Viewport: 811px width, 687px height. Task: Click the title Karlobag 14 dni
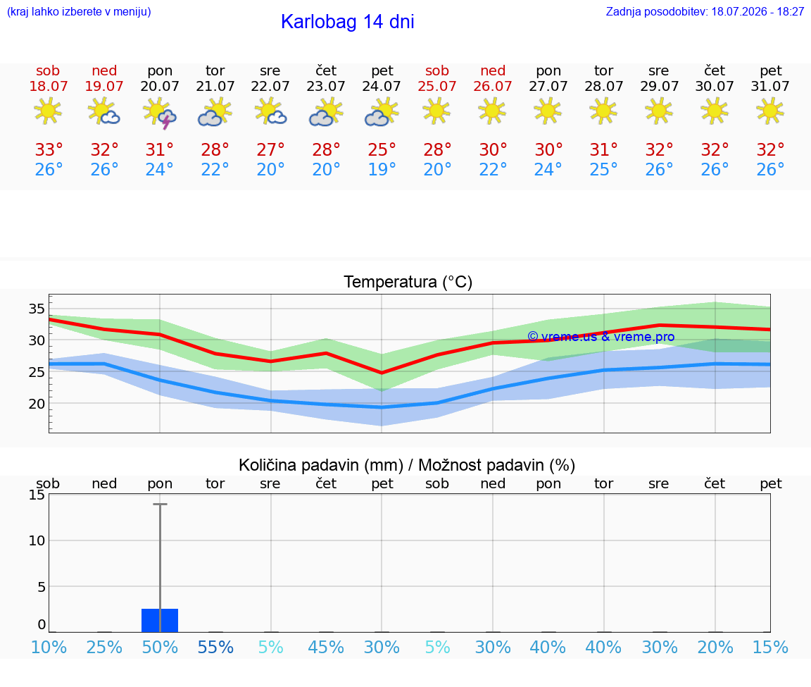click(348, 22)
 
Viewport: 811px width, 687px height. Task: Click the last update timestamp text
click(705, 11)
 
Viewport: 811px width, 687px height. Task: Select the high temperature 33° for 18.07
click(49, 149)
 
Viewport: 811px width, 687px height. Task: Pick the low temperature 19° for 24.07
click(382, 169)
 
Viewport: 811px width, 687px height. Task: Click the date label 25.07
click(437, 86)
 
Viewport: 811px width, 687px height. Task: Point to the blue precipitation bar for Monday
click(160, 620)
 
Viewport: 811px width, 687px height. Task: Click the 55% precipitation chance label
click(215, 647)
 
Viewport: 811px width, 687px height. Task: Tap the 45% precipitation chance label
click(326, 647)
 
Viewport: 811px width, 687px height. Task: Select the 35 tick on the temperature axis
click(37, 309)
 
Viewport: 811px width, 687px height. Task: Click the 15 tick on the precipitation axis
click(37, 495)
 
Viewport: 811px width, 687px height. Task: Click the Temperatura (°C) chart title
click(408, 282)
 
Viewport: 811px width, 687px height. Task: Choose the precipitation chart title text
click(406, 465)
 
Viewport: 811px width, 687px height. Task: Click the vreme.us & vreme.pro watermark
click(601, 337)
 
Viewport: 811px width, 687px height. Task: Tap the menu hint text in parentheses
click(79, 11)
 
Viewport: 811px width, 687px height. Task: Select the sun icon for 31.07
click(770, 111)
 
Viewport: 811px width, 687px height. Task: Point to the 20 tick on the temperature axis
click(37, 404)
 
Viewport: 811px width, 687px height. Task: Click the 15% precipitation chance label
click(770, 647)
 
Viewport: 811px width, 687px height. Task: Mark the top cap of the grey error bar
click(160, 504)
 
